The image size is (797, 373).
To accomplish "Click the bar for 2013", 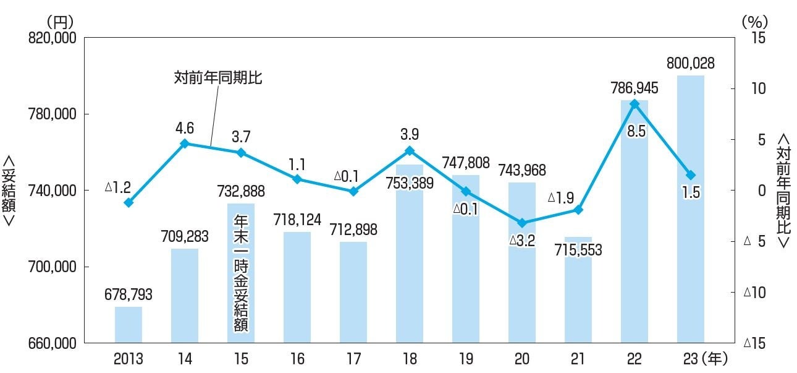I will pyautogui.click(x=129, y=324).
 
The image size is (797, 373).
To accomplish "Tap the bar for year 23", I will pyautogui.click(x=691, y=210).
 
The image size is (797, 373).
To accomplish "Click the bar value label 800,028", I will pyautogui.click(x=691, y=63).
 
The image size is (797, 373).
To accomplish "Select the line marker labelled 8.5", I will pyautogui.click(x=635, y=104).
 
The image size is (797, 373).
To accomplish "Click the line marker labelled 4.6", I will pyautogui.click(x=185, y=144).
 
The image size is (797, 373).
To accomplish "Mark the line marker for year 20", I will pyautogui.click(x=522, y=223).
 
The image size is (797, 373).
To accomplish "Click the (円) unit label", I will pyautogui.click(x=61, y=20).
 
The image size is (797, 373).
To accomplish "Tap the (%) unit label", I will pyautogui.click(x=753, y=20).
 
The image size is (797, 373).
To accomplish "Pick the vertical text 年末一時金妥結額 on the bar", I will pyautogui.click(x=241, y=273).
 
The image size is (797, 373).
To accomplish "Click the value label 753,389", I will pyautogui.click(x=410, y=183).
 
